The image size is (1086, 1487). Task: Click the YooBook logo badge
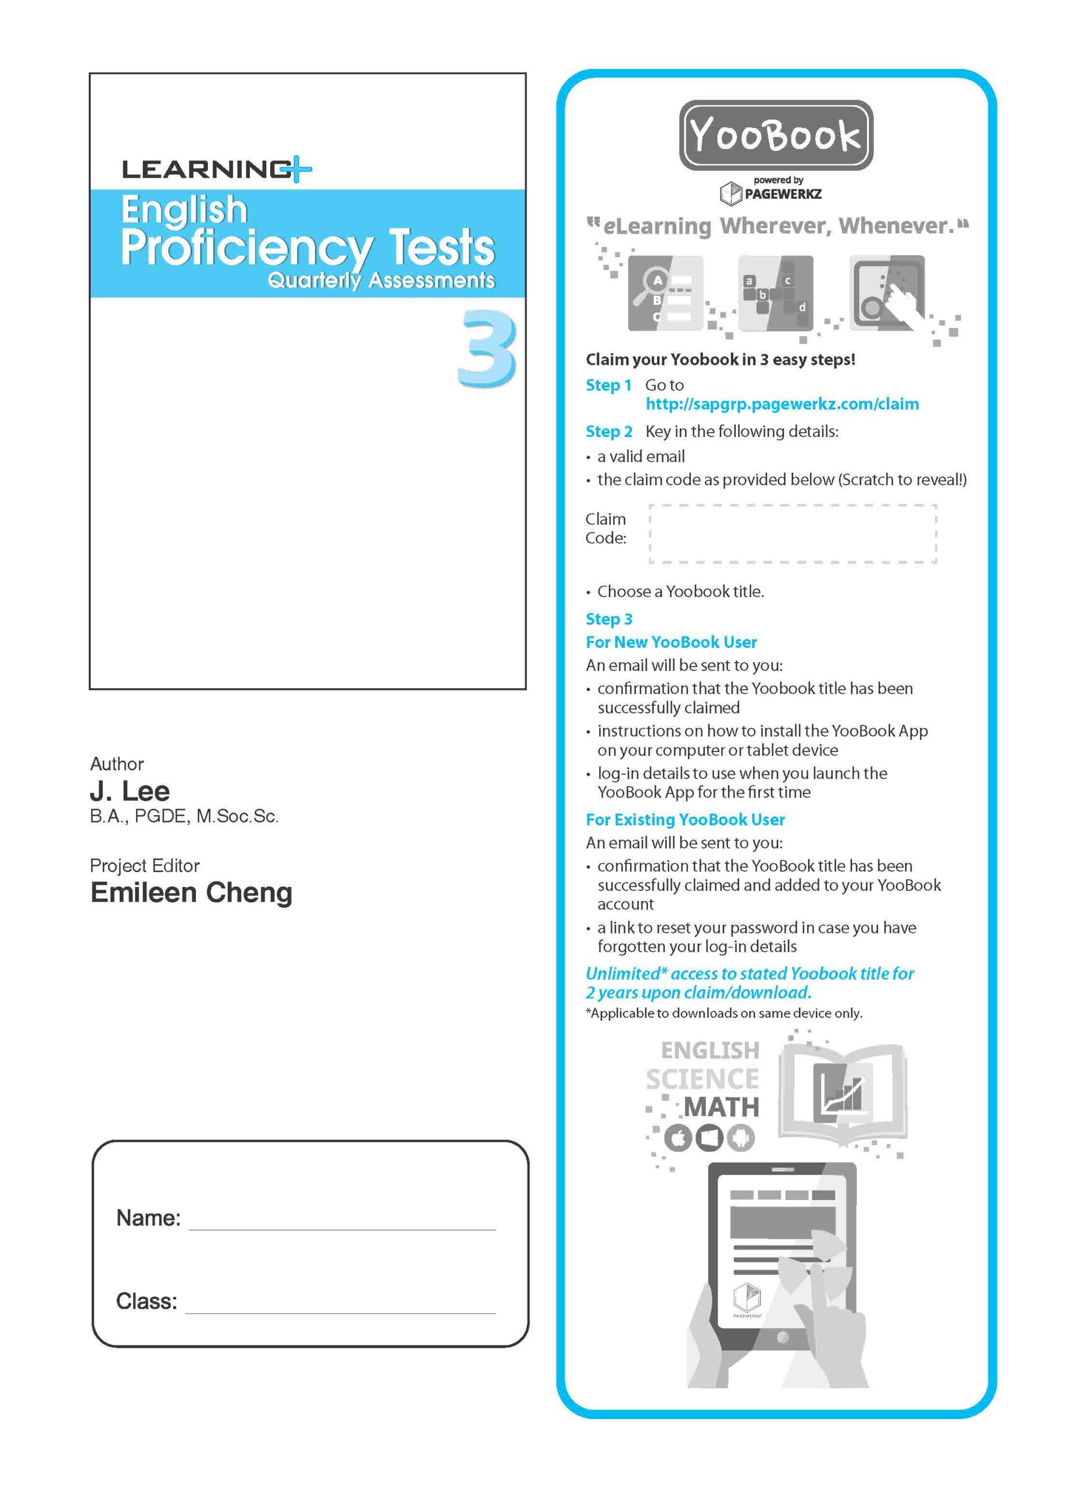point(776,135)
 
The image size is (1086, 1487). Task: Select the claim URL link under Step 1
point(782,404)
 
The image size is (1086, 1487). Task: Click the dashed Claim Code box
point(793,534)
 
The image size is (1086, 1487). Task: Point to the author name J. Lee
point(130,791)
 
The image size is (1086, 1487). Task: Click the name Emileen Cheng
point(191,892)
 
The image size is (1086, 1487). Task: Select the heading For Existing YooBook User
point(685,820)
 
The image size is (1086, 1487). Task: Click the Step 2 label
point(609,432)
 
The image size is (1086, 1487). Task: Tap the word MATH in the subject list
point(721,1107)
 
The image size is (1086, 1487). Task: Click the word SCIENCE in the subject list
point(702,1079)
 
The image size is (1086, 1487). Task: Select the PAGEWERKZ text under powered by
point(782,194)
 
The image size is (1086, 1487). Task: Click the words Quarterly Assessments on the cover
point(381,281)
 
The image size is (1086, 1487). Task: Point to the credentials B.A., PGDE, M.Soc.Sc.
point(184,817)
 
